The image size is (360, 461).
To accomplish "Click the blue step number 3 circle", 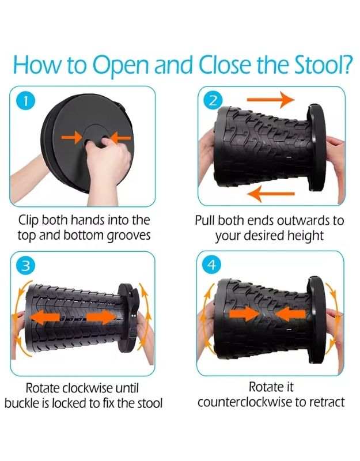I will [24, 266].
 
